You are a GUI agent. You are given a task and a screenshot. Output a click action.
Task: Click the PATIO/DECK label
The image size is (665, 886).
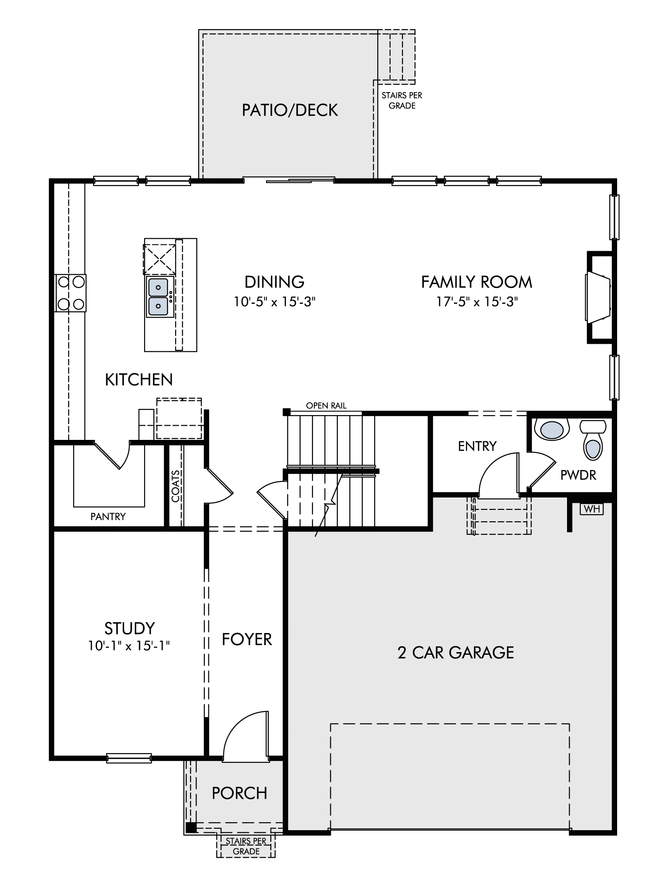[x=290, y=110]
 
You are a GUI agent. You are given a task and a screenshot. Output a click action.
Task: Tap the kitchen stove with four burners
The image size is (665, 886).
[x=70, y=293]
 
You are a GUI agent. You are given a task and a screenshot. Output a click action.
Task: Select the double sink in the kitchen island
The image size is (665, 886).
[x=158, y=297]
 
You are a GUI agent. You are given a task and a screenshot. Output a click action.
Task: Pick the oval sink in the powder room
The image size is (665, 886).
[x=552, y=429]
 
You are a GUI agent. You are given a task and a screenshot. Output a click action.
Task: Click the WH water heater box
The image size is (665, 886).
[x=592, y=509]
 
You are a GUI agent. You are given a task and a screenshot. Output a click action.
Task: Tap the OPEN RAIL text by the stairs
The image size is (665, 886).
[x=326, y=406]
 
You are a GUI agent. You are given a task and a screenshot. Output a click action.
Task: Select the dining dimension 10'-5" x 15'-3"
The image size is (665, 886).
[x=274, y=302]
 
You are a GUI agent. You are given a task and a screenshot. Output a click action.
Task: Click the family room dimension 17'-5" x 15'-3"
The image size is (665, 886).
[x=477, y=302]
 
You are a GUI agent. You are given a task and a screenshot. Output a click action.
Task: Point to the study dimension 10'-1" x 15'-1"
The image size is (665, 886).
[x=129, y=646]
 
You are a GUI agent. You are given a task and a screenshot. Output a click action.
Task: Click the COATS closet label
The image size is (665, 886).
[x=176, y=486]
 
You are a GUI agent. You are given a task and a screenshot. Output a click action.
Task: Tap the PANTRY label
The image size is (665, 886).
[x=108, y=517]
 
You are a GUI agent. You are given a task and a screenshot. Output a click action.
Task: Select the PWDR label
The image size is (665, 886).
[x=578, y=475]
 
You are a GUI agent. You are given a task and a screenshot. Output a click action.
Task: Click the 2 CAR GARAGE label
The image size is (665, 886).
[x=456, y=653]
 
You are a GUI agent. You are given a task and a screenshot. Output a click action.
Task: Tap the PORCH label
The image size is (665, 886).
[x=239, y=793]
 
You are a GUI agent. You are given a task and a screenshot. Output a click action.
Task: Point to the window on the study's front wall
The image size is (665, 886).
[x=129, y=758]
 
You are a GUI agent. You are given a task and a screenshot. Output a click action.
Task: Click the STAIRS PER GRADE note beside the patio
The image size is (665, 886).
[x=402, y=101]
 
